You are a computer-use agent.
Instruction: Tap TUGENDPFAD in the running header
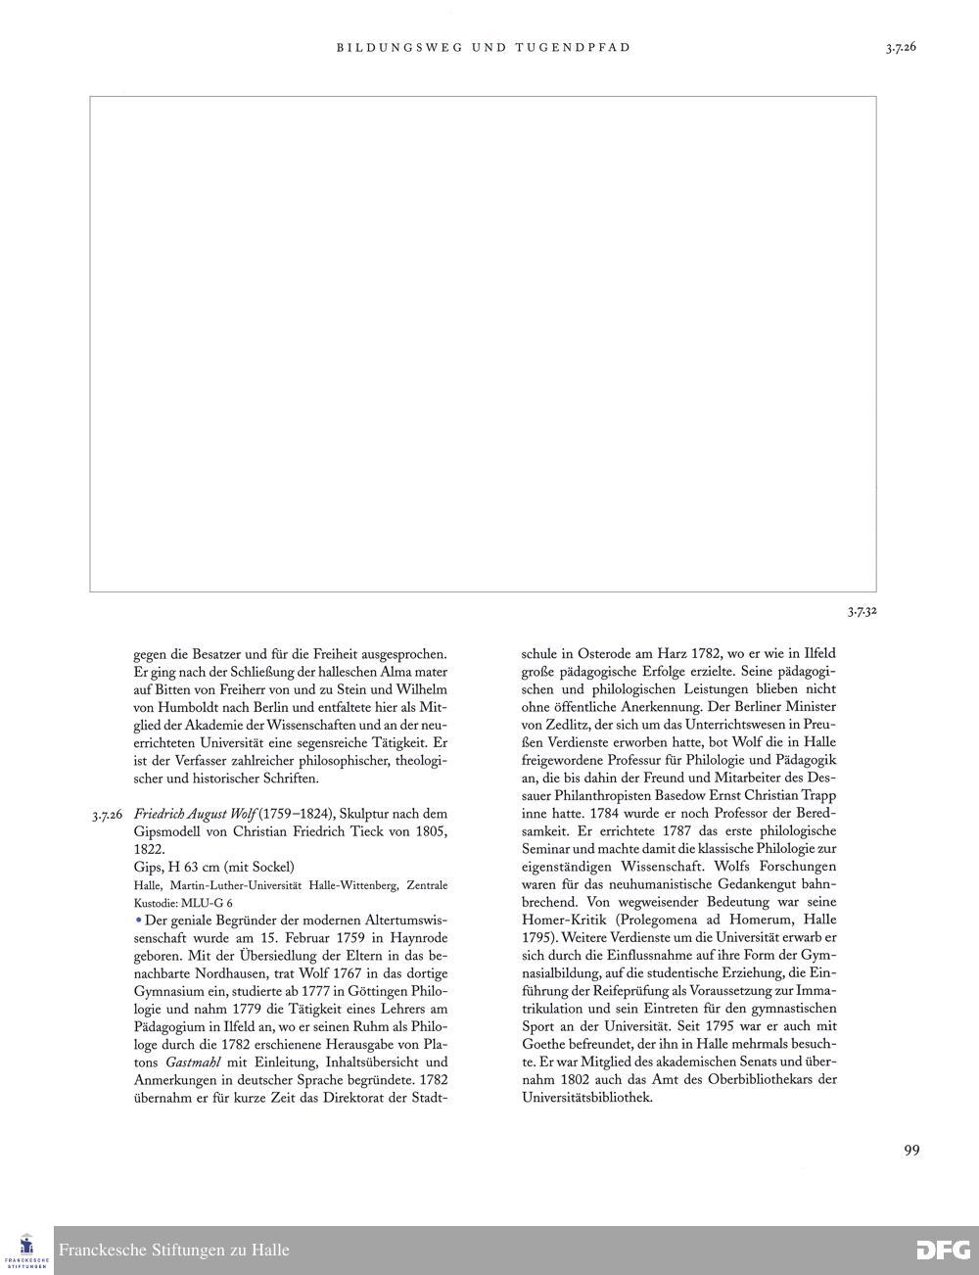(x=573, y=47)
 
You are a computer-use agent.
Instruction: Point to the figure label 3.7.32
(x=862, y=612)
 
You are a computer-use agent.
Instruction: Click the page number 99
(x=911, y=1151)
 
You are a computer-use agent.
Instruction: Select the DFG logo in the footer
(x=943, y=1251)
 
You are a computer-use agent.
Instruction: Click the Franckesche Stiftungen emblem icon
(x=26, y=1247)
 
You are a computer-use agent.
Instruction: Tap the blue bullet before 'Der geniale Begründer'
(x=138, y=920)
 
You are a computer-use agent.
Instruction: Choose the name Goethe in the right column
(x=544, y=1044)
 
